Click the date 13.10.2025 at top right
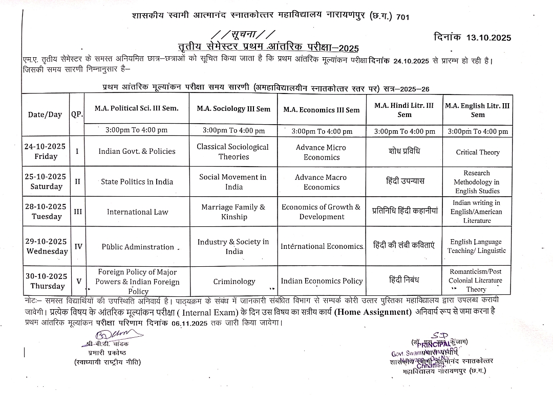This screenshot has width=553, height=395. (488, 37)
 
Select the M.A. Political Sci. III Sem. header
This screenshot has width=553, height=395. (137, 108)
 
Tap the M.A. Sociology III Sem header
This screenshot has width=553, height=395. (233, 109)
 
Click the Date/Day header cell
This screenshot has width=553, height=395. (45, 114)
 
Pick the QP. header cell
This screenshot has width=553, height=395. (77, 114)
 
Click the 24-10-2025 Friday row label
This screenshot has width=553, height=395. (45, 151)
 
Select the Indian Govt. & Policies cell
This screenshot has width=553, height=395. (137, 151)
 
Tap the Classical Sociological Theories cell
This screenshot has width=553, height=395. (233, 152)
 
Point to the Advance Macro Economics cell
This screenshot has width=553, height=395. (321, 182)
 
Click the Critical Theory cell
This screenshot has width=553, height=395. (477, 152)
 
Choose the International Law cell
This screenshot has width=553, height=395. (137, 212)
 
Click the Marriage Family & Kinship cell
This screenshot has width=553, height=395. (233, 212)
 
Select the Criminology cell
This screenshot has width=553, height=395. (234, 282)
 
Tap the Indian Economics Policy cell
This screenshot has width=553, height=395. (322, 281)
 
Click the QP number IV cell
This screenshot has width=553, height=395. (78, 246)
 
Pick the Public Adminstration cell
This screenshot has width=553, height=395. (138, 247)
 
